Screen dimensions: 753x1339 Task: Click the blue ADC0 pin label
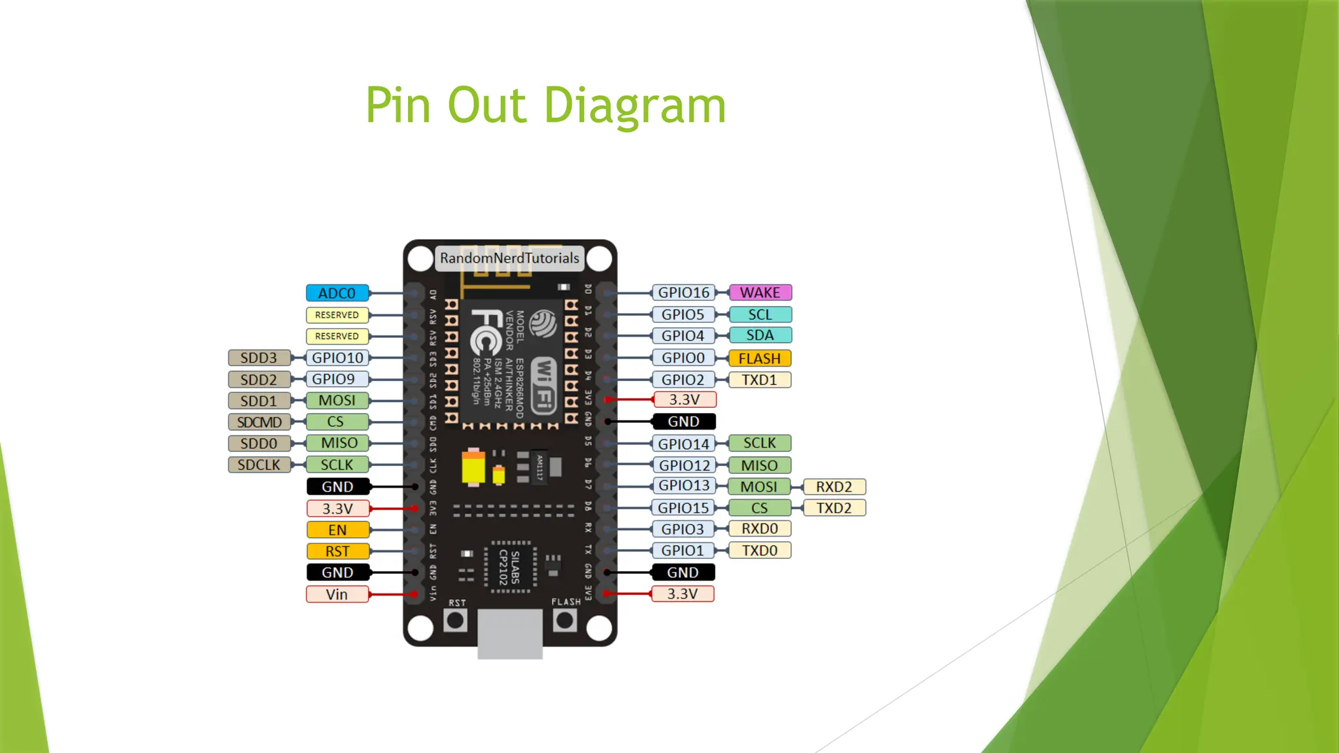(x=337, y=293)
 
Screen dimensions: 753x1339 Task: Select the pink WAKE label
(x=760, y=292)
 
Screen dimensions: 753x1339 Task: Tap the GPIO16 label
(x=683, y=292)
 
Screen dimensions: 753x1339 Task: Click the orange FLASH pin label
(x=759, y=358)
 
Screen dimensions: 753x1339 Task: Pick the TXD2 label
(x=834, y=508)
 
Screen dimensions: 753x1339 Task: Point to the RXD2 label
(x=834, y=486)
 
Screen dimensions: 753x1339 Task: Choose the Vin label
(x=337, y=594)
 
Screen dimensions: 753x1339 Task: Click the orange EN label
(x=337, y=529)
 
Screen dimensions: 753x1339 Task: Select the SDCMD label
(x=259, y=422)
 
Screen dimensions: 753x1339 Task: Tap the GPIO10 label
(x=337, y=358)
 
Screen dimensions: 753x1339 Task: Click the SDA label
(x=760, y=335)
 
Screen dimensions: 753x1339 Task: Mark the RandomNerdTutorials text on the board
(x=509, y=258)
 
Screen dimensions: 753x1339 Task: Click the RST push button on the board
(x=455, y=620)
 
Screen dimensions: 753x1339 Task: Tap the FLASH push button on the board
(x=565, y=620)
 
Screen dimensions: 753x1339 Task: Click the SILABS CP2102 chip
(x=510, y=567)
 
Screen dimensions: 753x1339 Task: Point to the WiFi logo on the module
(x=543, y=386)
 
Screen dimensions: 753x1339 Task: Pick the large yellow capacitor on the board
(x=473, y=467)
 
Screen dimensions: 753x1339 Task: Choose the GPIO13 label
(x=683, y=486)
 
